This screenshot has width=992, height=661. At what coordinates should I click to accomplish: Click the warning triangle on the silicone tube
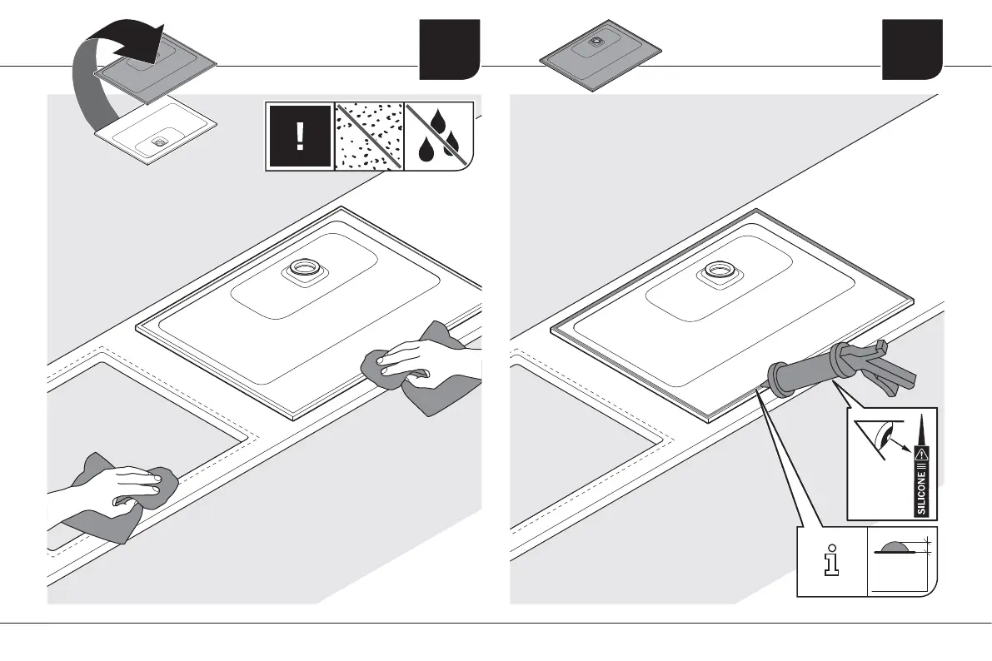[921, 454]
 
